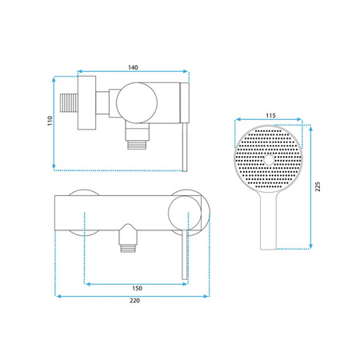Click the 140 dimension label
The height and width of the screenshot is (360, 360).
[133, 67]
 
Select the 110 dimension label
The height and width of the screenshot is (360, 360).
[50, 121]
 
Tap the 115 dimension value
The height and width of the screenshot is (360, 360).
[270, 115]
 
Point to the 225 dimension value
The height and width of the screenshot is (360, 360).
[318, 186]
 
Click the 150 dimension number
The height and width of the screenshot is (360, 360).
[137, 288]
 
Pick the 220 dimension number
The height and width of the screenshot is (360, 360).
[134, 301]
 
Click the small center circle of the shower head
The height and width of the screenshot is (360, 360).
[269, 160]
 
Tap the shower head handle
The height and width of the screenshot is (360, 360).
[268, 222]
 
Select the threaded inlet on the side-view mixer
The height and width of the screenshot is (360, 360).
[69, 102]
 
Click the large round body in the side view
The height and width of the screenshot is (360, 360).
[137, 102]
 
